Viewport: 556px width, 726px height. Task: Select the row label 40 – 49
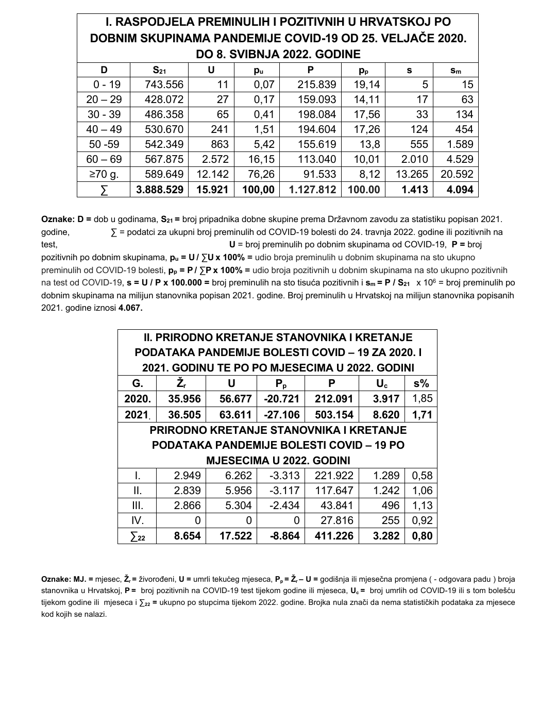104,129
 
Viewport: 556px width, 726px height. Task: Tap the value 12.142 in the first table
211,174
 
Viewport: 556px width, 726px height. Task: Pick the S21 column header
159,70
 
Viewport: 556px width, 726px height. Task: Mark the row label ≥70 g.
104,174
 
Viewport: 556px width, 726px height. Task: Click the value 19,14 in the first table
366,85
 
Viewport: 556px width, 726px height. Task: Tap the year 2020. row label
138,398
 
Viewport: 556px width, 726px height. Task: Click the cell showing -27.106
281,415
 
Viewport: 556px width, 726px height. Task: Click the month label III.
138,505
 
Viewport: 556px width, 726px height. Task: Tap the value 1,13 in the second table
422,505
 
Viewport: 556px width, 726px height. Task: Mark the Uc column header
382,383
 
